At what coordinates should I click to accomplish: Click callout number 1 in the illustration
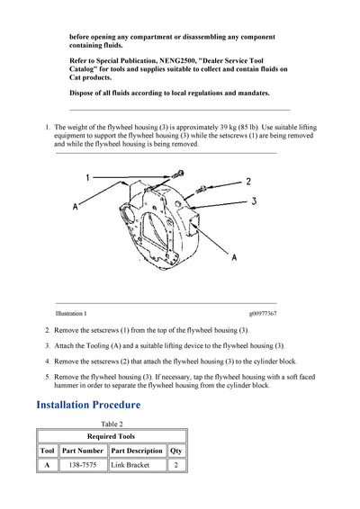click(87, 177)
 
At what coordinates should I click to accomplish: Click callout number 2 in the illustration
click(248, 182)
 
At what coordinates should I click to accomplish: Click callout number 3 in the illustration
click(254, 201)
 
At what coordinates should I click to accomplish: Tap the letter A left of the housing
click(76, 207)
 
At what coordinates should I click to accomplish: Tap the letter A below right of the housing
click(234, 257)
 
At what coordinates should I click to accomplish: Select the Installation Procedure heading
click(88, 405)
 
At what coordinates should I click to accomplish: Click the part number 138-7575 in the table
click(83, 465)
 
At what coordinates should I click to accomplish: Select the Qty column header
click(176, 451)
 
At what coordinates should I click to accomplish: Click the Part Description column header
click(137, 451)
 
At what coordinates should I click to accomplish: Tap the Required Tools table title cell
click(111, 436)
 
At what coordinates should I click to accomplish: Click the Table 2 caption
click(112, 424)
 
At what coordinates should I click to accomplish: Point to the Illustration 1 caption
click(71, 314)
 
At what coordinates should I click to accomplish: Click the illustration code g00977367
click(263, 314)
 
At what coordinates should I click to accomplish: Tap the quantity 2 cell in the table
click(176, 465)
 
